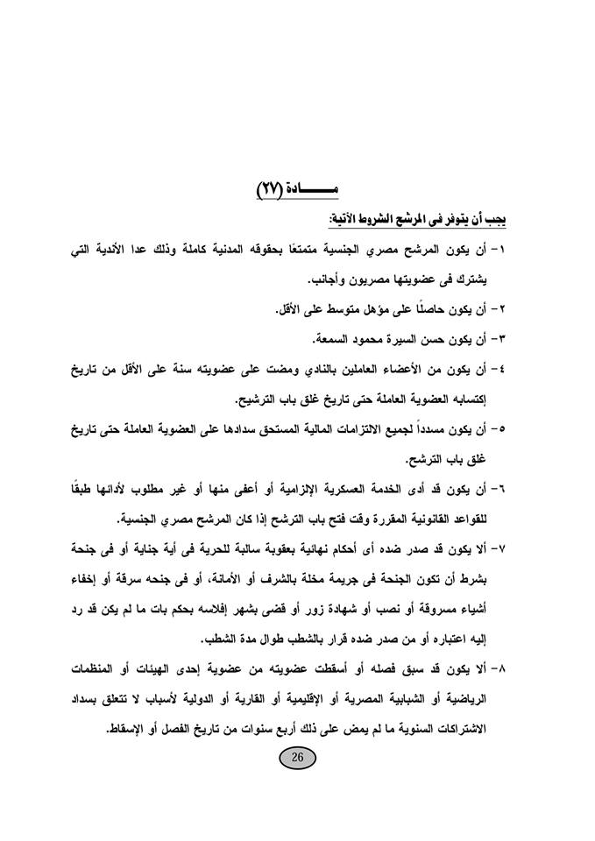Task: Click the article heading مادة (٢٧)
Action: pos(297,187)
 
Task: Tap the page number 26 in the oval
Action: pos(296,759)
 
